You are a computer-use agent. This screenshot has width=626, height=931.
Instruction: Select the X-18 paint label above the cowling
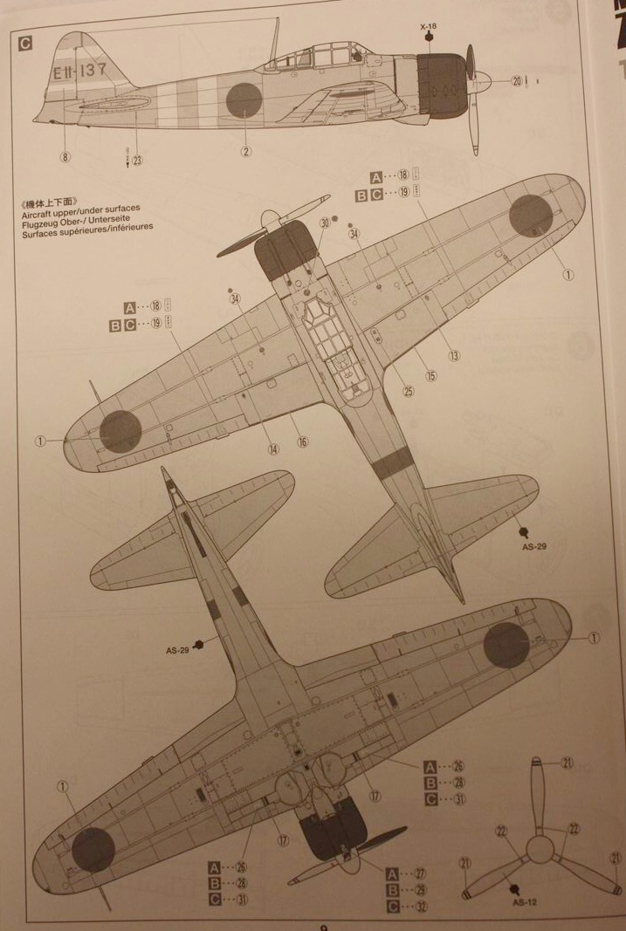tap(427, 27)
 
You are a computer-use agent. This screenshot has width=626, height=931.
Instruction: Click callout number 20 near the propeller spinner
tap(516, 81)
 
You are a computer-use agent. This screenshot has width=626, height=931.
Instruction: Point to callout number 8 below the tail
tap(65, 157)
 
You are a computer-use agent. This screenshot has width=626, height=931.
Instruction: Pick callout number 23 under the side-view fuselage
tap(137, 161)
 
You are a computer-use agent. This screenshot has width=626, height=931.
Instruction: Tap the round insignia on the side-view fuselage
tap(244, 99)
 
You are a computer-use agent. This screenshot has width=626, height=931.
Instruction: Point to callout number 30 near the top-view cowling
tap(325, 223)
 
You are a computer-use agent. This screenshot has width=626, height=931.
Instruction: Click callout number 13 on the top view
tap(454, 356)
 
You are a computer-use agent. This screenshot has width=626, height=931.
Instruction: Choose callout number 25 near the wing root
tap(409, 392)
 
